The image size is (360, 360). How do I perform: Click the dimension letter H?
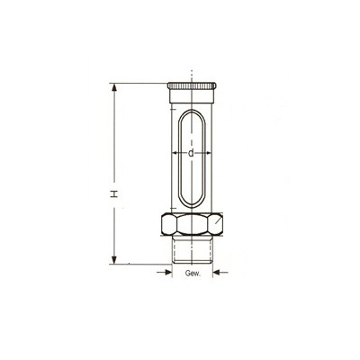pyautogui.click(x=114, y=193)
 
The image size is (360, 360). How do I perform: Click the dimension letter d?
pyautogui.click(x=191, y=153)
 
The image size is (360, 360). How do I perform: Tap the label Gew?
pyautogui.click(x=193, y=274)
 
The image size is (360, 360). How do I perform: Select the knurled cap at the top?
pyautogui.click(x=192, y=85)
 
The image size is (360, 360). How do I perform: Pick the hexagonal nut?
pyautogui.click(x=193, y=224)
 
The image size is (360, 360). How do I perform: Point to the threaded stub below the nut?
pyautogui.click(x=193, y=249)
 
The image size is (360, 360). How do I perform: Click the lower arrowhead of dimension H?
pyautogui.click(x=114, y=259)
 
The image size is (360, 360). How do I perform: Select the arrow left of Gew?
pyautogui.click(x=164, y=273)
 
